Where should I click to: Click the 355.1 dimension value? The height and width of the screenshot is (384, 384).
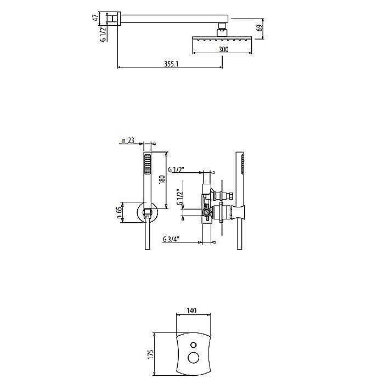[x=171, y=64]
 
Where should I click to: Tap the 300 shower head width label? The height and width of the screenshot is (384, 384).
[x=223, y=49]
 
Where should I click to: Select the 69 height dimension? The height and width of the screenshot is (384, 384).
[x=260, y=27]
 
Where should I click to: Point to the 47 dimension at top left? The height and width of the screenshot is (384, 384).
[x=96, y=17]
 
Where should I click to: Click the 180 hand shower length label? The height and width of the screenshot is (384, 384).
[x=162, y=180]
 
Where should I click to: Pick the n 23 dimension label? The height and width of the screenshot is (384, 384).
[x=128, y=140]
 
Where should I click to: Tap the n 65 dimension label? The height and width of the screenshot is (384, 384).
[x=119, y=213]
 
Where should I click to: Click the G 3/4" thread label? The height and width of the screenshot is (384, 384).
[x=171, y=239]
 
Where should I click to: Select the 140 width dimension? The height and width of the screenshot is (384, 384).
[x=191, y=310]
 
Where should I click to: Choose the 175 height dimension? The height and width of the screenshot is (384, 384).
[x=151, y=354]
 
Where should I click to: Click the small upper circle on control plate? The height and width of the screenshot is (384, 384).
[x=194, y=345]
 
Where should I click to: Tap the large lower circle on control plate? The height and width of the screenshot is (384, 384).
[x=194, y=358]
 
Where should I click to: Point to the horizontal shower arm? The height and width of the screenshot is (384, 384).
[x=174, y=19]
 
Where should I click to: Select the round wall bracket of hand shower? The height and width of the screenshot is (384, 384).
[x=147, y=213]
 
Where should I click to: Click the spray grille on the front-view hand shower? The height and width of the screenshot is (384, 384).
[x=147, y=164]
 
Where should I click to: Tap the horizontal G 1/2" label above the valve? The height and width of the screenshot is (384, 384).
[x=176, y=169]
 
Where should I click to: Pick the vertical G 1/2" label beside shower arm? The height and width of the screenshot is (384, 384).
[x=104, y=33]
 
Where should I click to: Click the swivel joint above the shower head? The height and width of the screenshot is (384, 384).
[x=222, y=29]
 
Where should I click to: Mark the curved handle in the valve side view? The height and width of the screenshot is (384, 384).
[x=240, y=212]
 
